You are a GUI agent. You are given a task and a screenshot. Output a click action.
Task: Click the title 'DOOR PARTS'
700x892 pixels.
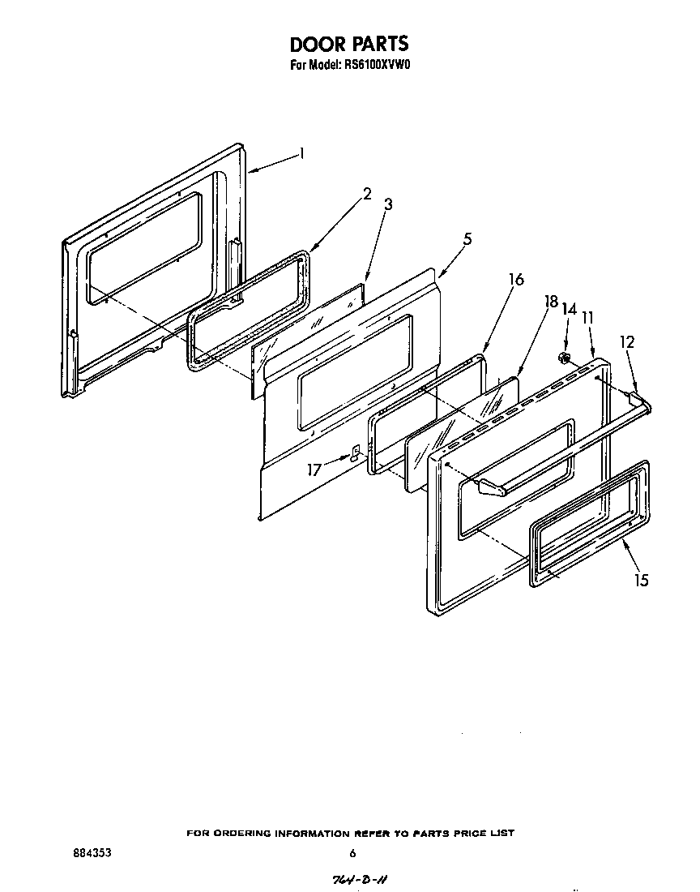349,43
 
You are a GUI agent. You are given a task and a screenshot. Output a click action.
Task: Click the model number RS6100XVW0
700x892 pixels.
374,67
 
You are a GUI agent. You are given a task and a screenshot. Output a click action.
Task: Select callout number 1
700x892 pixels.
301,153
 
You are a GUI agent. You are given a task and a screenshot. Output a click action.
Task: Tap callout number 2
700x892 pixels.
367,193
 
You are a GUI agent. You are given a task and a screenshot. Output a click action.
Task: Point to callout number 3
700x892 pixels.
388,204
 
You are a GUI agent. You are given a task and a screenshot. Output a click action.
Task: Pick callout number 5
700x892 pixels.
467,239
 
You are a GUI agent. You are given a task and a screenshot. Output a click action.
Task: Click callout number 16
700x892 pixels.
515,280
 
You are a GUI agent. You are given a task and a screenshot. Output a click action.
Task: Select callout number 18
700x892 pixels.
551,302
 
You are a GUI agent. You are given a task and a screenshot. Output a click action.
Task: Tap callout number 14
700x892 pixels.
569,310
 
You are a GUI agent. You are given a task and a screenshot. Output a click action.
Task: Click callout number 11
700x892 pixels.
588,317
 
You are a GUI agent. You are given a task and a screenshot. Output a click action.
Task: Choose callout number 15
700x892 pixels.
642,581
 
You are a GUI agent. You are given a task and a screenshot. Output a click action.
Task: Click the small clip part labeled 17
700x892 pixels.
355,452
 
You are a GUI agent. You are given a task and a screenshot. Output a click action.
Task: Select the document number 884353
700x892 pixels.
92,853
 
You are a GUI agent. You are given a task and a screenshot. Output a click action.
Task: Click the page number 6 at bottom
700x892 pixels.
352,853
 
